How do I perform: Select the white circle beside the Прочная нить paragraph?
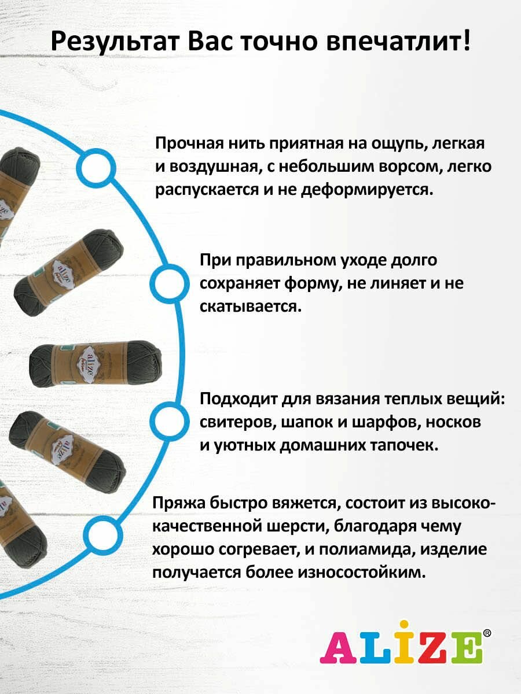[95, 168]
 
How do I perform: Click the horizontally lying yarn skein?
[96, 364]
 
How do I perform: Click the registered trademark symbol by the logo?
[487, 633]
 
